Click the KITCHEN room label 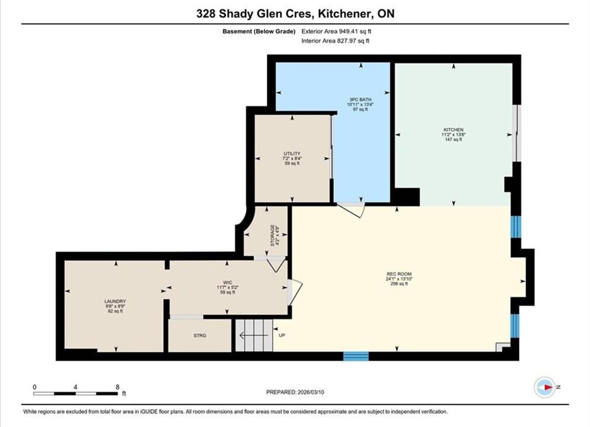[x=454, y=130]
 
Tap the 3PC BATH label [x=361, y=100]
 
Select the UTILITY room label [x=292, y=154]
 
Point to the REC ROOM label [x=399, y=274]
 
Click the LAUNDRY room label [x=115, y=301]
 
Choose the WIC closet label [x=227, y=282]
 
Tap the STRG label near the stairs [x=200, y=336]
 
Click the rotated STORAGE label [x=272, y=235]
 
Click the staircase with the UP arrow [x=254, y=335]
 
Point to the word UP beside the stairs [x=282, y=335]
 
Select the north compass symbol [x=545, y=387]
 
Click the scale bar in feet [x=75, y=394]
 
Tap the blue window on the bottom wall [x=356, y=355]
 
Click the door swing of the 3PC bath [x=351, y=210]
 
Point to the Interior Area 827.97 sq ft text [x=335, y=41]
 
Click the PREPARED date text [x=295, y=392]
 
